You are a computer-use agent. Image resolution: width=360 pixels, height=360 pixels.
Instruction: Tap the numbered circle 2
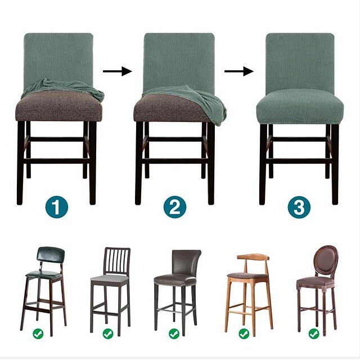tap(175, 208)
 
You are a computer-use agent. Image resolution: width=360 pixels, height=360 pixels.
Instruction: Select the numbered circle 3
tap(299, 208)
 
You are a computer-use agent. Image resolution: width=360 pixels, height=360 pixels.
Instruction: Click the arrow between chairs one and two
tap(118, 71)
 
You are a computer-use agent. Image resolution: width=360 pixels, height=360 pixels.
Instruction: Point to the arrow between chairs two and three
tap(239, 71)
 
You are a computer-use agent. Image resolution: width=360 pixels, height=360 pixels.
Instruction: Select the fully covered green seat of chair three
tap(299, 105)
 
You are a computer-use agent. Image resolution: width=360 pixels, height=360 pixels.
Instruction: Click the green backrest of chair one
tap(58, 56)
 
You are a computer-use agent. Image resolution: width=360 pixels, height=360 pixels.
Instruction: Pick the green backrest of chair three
tap(300, 59)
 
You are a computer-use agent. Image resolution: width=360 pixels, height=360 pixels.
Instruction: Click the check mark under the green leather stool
tap(38, 334)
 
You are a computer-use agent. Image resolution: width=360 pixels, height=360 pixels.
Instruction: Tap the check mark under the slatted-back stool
tap(107, 334)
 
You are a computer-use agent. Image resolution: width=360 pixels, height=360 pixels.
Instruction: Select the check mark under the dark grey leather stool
tap(175, 334)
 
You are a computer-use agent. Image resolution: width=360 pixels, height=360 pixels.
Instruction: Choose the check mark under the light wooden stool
tap(244, 334)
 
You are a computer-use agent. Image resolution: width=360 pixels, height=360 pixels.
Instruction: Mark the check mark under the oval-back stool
tap(313, 334)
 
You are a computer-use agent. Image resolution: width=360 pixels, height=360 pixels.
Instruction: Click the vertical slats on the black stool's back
tap(116, 260)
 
